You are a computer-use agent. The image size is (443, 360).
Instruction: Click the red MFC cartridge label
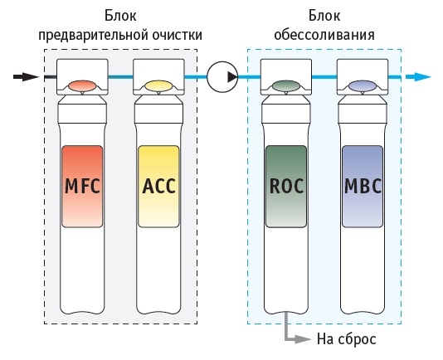pos(82,186)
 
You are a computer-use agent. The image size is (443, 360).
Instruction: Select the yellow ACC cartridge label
pos(158,186)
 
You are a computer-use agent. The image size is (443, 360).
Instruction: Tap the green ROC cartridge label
pos(286,186)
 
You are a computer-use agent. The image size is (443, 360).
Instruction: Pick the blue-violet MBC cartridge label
pos(363,186)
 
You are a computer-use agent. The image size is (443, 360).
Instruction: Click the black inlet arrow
pos(26,76)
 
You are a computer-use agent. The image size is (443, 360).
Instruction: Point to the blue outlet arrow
pos(418,76)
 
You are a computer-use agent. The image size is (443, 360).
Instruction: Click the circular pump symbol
pos(222,77)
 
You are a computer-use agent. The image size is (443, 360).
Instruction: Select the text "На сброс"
pos(347,338)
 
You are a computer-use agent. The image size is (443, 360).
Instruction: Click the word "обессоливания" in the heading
pos(324,35)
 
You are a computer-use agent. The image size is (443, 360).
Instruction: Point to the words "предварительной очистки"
pos(120,36)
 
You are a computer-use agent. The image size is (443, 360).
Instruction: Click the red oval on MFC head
pos(82,86)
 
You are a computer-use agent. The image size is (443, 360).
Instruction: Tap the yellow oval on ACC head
pos(158,86)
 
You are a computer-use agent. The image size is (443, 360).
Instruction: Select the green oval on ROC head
pos(286,86)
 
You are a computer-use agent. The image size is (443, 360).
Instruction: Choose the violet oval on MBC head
pos(363,86)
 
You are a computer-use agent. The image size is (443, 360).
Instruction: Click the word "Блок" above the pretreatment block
pos(120,15)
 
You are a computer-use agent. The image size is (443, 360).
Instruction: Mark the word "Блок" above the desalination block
pos(324,15)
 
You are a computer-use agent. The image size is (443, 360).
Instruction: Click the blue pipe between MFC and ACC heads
pos(120,77)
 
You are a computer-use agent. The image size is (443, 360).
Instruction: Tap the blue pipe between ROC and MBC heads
pos(324,77)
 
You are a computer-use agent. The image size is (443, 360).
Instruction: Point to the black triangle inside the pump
pos(232,77)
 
